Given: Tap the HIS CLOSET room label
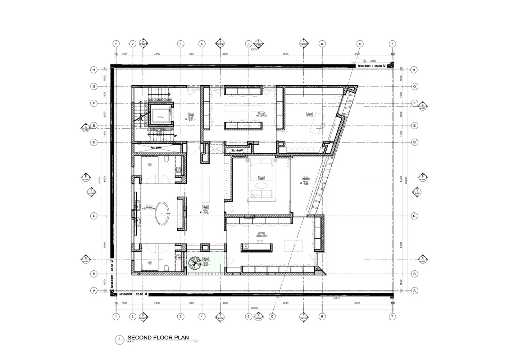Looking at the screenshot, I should coord(262,116).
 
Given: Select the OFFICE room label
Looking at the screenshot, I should coord(309,116).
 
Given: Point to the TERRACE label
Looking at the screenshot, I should coord(306,179).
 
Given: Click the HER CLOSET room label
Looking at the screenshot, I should coord(261,236).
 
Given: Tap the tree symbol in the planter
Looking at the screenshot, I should coord(195,263).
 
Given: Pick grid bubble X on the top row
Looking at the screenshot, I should coord(359,44).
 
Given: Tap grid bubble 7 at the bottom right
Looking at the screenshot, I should coord(392,316).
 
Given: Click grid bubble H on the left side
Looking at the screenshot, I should coord(94,70).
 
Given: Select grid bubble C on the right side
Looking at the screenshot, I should coord(414,216).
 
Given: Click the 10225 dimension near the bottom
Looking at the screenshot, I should coord(337,298).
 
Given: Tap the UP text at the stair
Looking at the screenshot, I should coord(175,136).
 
